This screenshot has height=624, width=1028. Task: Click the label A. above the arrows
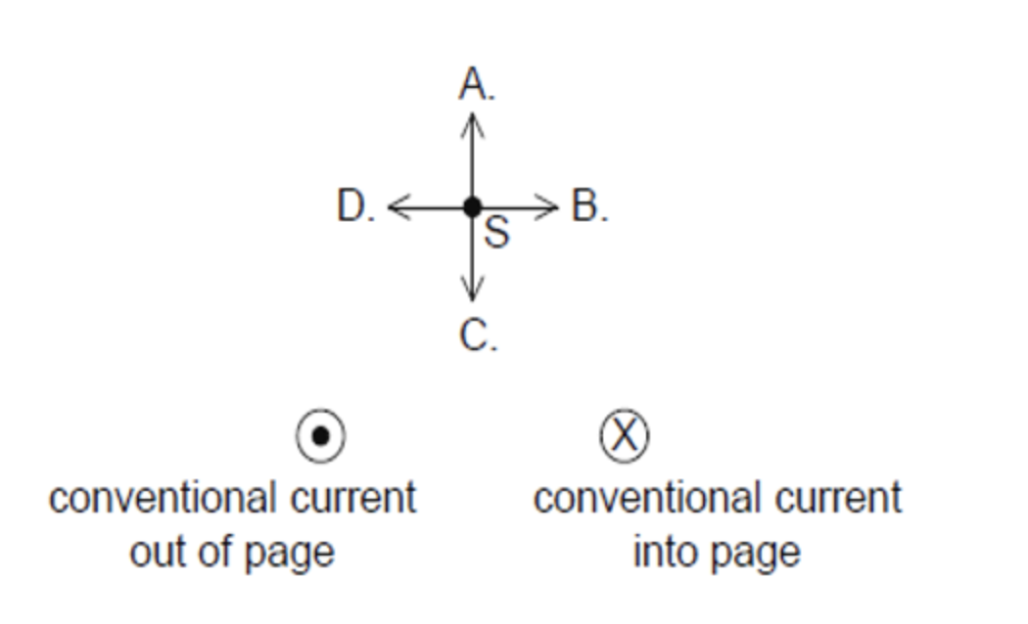tap(477, 86)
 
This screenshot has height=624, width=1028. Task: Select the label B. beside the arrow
tap(589, 206)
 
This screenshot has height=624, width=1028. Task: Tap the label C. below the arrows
tap(478, 335)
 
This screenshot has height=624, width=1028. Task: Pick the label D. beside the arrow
tap(355, 206)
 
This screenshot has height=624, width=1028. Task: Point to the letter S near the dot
tap(496, 233)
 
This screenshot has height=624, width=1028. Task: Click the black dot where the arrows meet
tap(472, 206)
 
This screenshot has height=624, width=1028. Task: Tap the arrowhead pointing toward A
tap(473, 122)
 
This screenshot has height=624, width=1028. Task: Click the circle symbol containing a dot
tap(320, 435)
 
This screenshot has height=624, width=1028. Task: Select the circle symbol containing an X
tap(624, 435)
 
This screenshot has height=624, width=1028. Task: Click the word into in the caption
tap(661, 553)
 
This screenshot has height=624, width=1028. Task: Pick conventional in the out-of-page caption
tap(163, 499)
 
